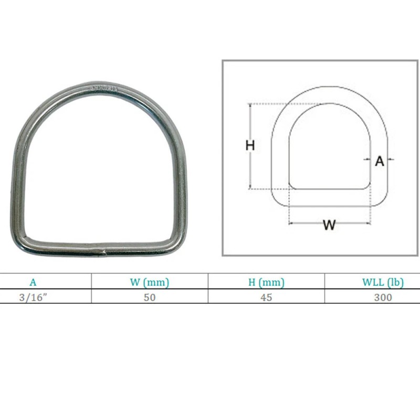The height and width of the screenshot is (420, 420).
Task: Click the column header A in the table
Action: click(33, 282)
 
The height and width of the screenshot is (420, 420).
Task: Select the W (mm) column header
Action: click(150, 282)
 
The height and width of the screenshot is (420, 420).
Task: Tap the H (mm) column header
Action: click(266, 282)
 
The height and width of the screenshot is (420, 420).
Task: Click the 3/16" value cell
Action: click(33, 297)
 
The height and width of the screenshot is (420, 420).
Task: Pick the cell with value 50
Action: click(150, 297)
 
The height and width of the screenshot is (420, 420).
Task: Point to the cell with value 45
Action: click(266, 297)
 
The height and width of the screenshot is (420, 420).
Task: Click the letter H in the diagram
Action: click(250, 146)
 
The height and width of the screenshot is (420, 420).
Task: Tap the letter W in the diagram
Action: click(329, 225)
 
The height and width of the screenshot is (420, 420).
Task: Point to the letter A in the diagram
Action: click(380, 161)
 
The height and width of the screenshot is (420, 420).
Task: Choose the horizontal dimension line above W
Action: click(329, 206)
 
